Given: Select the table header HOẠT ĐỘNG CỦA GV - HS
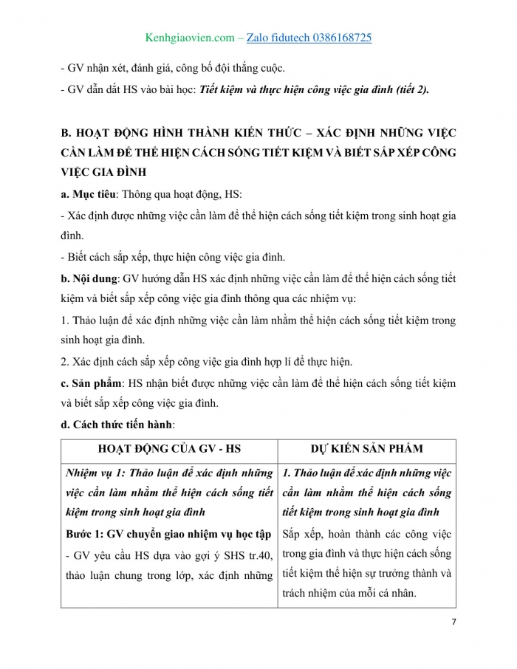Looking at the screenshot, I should [168, 449].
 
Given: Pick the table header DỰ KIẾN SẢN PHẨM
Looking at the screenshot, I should [367, 449].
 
